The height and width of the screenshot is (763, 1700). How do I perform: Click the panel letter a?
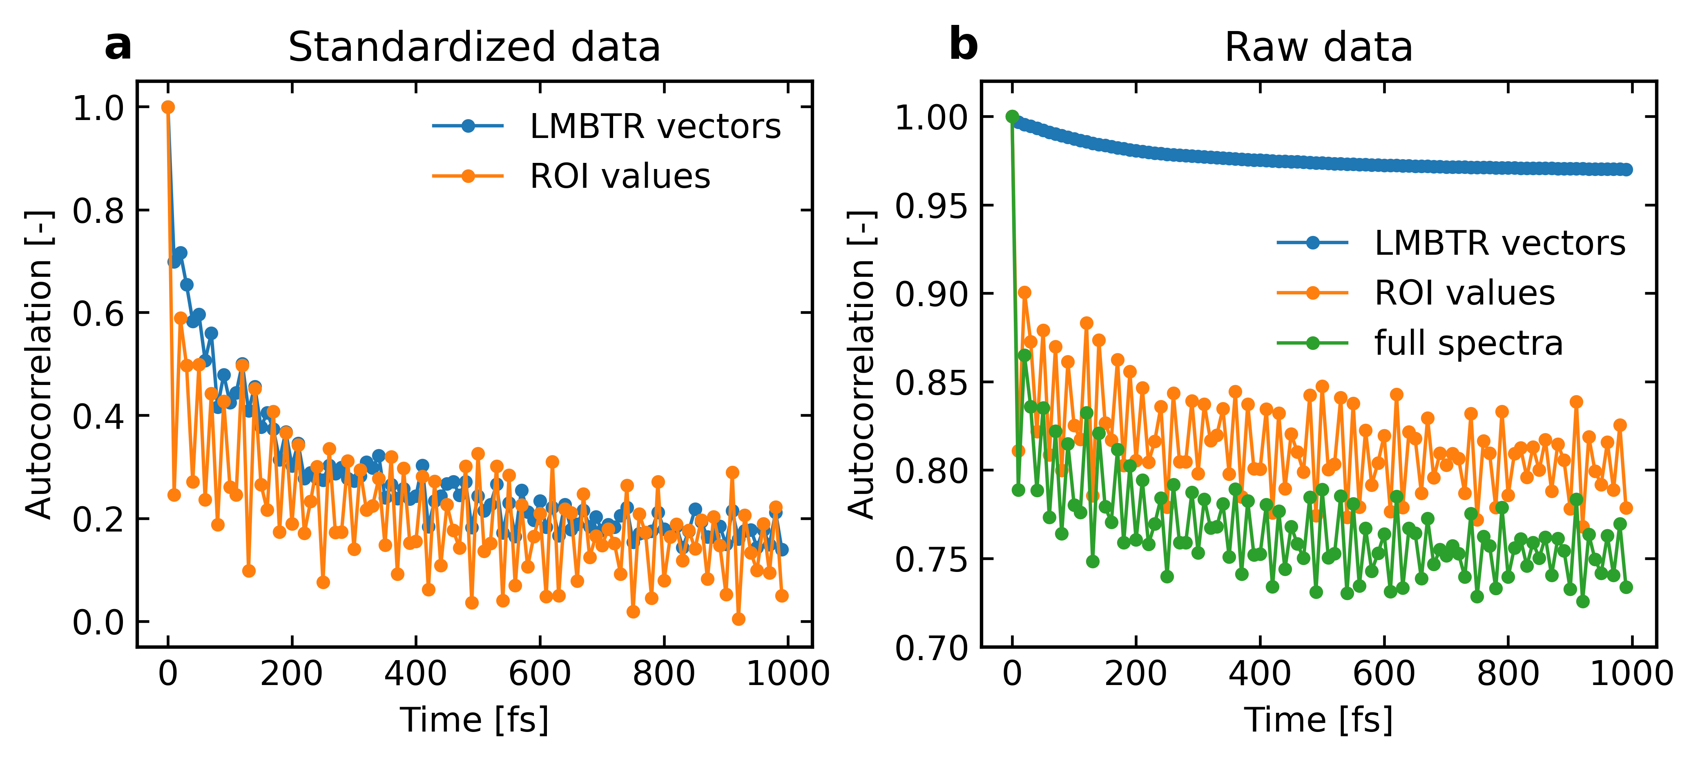(x=118, y=46)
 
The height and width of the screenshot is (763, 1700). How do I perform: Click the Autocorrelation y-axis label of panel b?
(x=861, y=364)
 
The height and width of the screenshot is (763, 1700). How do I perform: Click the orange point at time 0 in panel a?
(x=168, y=107)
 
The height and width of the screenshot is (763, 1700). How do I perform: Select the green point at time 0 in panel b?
(x=1012, y=117)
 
